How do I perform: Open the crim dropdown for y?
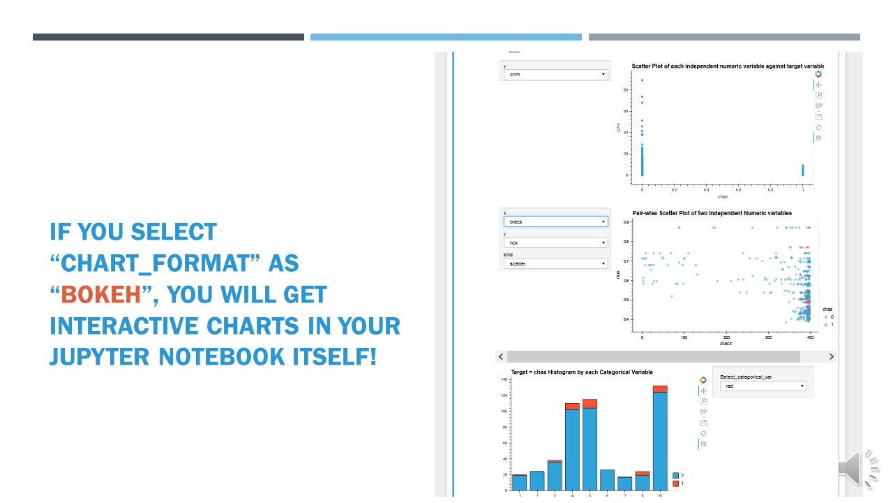pyautogui.click(x=555, y=74)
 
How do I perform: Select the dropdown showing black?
pyautogui.click(x=555, y=221)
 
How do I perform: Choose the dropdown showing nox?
pyautogui.click(x=555, y=242)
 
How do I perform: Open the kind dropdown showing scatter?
pyautogui.click(x=555, y=263)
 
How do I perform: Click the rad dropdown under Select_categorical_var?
pyautogui.click(x=762, y=386)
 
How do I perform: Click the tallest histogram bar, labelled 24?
pyautogui.click(x=660, y=440)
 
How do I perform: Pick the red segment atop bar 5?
pyautogui.click(x=590, y=403)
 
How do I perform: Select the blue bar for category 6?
pyautogui.click(x=607, y=479)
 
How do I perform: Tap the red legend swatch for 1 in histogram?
pyautogui.click(x=675, y=483)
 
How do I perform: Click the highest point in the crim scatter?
pyautogui.click(x=642, y=80)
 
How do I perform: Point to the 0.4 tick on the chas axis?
pyautogui.click(x=706, y=189)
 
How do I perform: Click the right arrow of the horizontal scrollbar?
pyautogui.click(x=831, y=356)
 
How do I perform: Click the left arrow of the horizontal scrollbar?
pyautogui.click(x=501, y=356)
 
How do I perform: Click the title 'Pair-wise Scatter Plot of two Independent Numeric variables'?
pyautogui.click(x=712, y=213)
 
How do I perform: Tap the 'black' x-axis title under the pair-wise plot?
pyautogui.click(x=726, y=344)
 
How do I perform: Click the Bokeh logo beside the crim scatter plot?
pyautogui.click(x=818, y=74)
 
